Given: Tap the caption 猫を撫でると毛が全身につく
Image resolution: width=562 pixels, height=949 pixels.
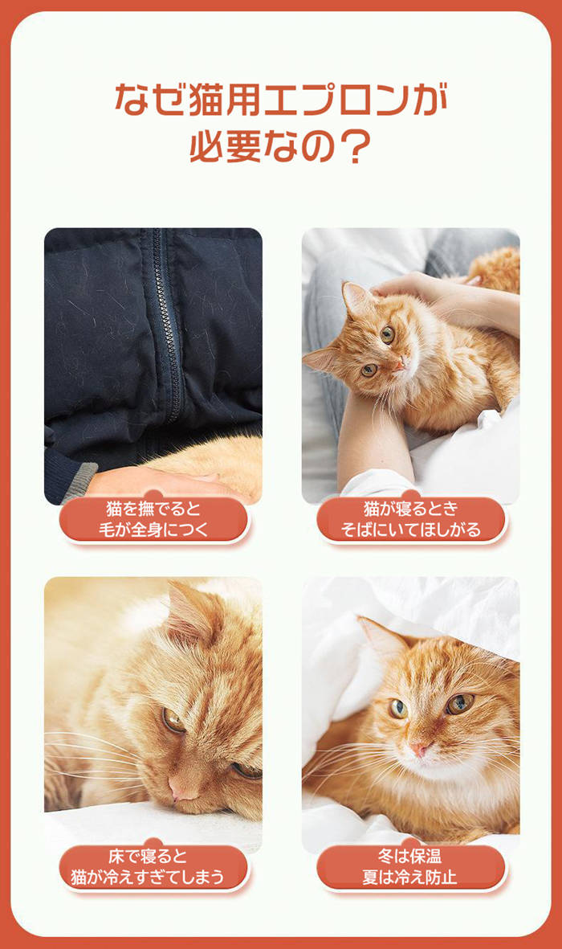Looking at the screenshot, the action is (x=153, y=519).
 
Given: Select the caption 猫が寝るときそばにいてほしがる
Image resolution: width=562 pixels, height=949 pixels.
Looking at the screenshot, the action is (x=411, y=519).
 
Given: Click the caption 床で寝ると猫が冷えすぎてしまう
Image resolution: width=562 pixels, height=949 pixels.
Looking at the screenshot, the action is (x=148, y=867).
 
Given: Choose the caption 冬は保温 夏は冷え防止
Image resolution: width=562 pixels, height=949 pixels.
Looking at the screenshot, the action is (x=409, y=867).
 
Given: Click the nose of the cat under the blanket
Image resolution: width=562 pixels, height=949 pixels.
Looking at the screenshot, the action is (x=419, y=751).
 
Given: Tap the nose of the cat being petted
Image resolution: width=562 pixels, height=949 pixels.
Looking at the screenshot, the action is (x=397, y=366).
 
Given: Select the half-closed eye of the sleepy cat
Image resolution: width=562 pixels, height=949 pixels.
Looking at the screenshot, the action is (x=173, y=720).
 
